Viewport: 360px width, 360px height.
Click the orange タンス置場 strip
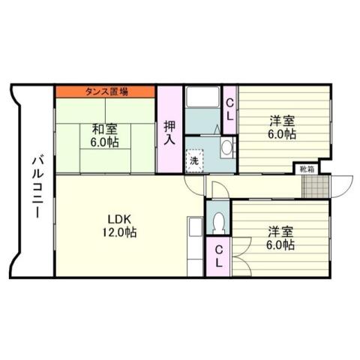click(105, 91)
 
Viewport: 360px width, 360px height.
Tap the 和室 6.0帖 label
click(105, 134)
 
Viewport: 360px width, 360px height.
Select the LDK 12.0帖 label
click(120, 225)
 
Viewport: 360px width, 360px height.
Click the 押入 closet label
click(169, 132)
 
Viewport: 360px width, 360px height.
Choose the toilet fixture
click(218, 221)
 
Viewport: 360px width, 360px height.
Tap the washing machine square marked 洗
click(193, 160)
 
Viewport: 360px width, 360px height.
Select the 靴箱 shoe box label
click(307, 169)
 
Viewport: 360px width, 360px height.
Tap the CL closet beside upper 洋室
click(230, 109)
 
